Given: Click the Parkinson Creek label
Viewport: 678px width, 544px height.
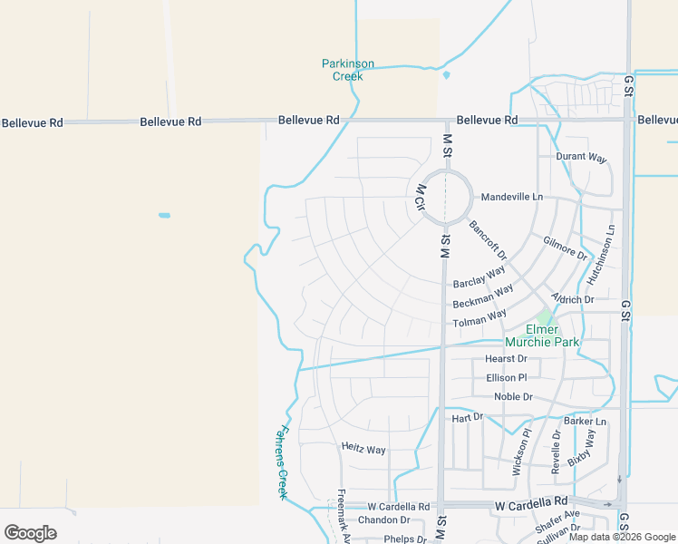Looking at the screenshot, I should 348,70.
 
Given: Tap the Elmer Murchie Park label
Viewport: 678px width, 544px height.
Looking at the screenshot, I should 542,335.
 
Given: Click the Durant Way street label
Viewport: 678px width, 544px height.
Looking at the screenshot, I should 581,157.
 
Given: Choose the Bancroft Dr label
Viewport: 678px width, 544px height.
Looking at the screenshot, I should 488,238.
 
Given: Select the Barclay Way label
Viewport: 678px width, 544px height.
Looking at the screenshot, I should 479,277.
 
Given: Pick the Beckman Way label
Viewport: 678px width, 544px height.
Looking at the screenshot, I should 482,296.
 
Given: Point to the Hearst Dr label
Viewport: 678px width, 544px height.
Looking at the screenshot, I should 506,359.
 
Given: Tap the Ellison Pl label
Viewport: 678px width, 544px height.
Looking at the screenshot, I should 506,377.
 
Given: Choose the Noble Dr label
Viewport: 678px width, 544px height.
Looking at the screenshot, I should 513,397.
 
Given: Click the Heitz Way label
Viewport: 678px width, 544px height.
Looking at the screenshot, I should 363,450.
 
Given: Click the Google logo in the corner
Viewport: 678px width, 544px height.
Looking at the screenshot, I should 30,533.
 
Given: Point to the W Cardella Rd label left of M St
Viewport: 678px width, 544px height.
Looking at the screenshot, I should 398,507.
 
